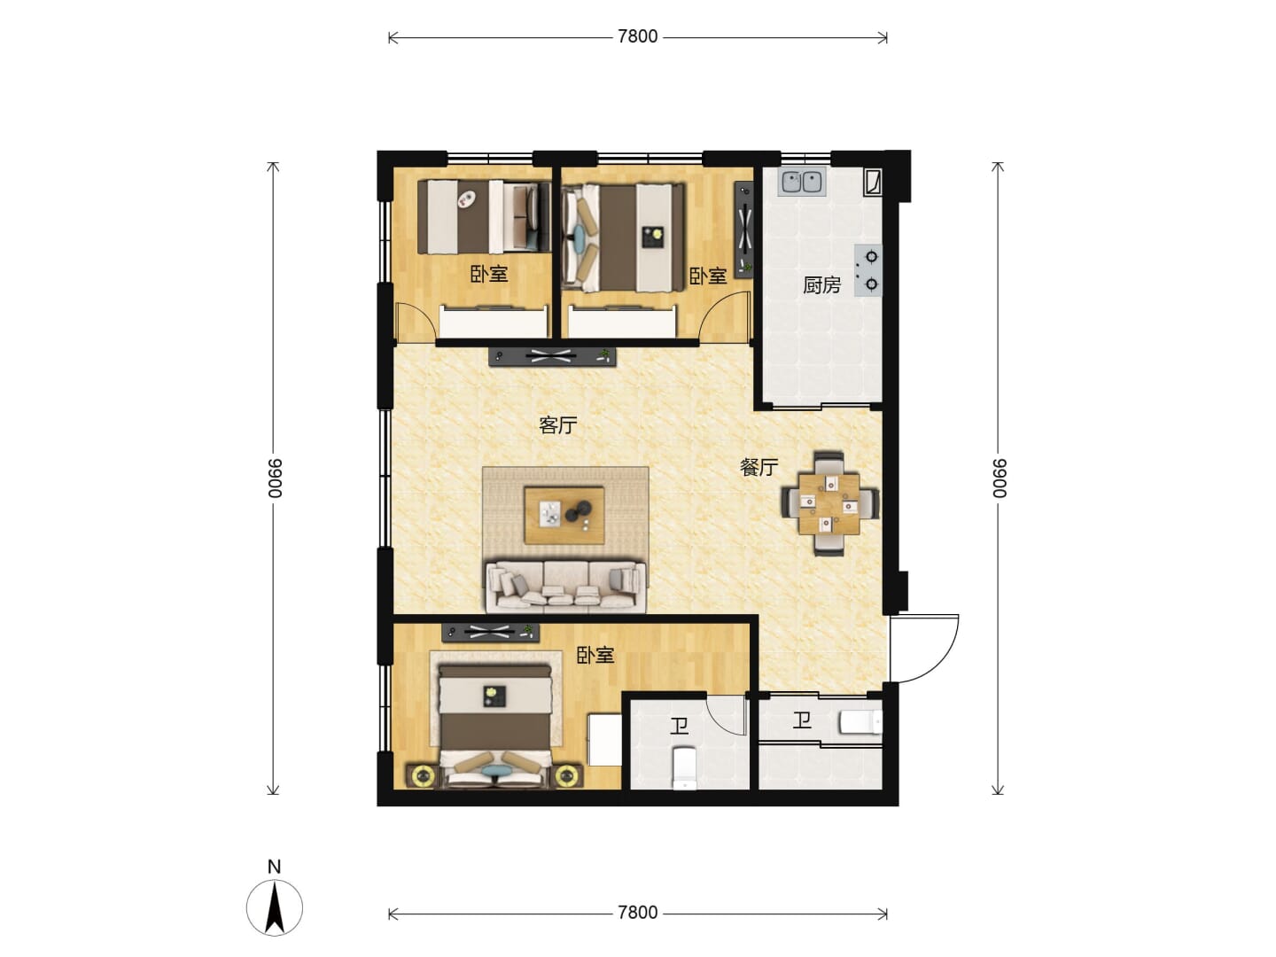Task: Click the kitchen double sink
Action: pos(802,182)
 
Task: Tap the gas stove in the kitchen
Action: pos(868,270)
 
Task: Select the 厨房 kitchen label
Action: pos(821,285)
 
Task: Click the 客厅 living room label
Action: pos(557,425)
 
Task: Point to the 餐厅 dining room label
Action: pos(759,467)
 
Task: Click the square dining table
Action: pos(829,504)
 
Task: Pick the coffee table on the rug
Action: pos(564,515)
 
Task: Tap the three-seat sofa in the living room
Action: pos(565,586)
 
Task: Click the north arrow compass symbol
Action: pos(275,907)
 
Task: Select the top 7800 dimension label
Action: pos(637,36)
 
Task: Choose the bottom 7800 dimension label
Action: pos(637,913)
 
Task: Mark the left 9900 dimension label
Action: pos(275,478)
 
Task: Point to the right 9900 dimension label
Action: pos(999,478)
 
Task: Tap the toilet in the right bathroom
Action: pos(860,723)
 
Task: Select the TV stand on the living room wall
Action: pos(552,356)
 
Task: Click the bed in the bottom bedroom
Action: pos(494,727)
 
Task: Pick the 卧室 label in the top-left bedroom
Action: pos(489,274)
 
